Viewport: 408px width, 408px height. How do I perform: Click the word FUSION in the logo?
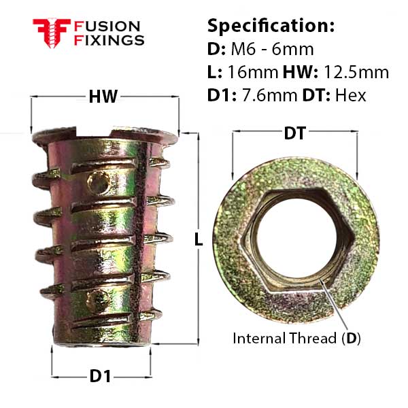107,27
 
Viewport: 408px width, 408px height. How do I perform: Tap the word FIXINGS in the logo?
109,40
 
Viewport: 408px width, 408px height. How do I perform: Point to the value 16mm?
253,72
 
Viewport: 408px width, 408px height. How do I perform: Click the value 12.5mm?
356,72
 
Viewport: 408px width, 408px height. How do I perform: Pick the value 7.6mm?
270,95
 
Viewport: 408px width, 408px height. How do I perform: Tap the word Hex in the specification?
350,95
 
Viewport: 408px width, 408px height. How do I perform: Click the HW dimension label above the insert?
103,97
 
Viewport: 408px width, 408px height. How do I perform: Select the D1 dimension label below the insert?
100,376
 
